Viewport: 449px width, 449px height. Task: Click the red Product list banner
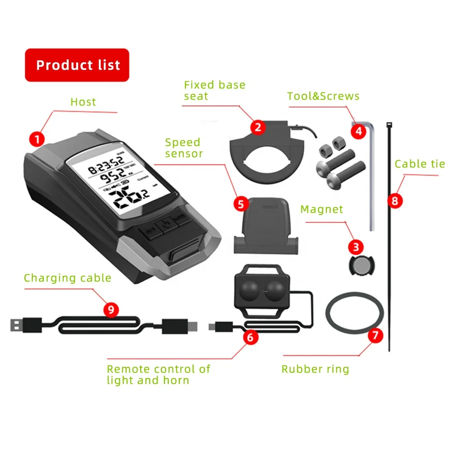click(x=77, y=65)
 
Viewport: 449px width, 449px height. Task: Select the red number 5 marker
click(x=241, y=204)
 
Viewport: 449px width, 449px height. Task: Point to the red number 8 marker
click(x=395, y=200)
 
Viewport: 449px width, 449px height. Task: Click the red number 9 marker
click(x=111, y=309)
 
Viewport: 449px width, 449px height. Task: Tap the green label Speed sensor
click(x=184, y=148)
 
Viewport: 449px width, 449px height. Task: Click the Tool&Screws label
click(x=323, y=96)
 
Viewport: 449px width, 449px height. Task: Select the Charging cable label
click(x=67, y=278)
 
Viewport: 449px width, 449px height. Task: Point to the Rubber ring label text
click(x=315, y=369)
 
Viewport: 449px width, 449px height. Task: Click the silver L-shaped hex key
click(x=371, y=180)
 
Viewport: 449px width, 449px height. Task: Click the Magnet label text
click(x=321, y=209)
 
